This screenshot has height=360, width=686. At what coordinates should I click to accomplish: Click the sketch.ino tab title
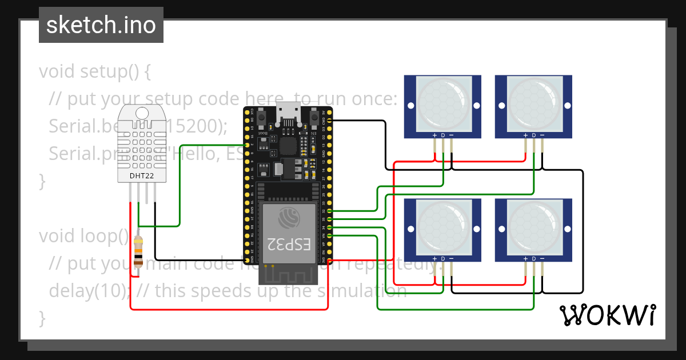point(101,25)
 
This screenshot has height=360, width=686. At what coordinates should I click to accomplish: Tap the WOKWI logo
point(607,315)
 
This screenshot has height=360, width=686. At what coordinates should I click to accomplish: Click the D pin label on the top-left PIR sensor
point(443,135)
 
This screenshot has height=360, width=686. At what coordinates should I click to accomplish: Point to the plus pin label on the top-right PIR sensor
point(525,135)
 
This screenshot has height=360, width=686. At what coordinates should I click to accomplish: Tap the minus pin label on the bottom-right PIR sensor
point(542,259)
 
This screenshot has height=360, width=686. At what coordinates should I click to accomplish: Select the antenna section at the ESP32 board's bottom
point(288,274)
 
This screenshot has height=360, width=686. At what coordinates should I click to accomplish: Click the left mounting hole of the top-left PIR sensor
point(411,106)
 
